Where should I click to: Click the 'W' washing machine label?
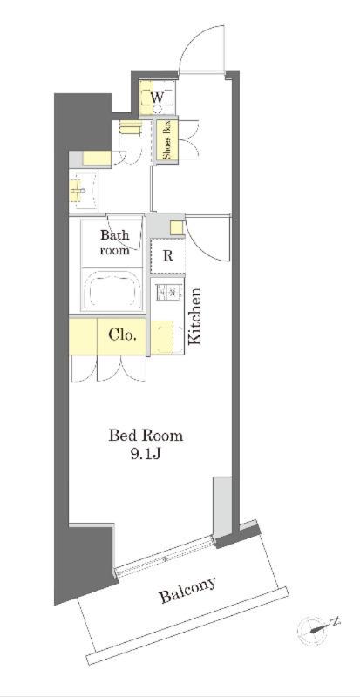coord(157,98)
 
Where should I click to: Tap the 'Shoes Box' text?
coord(167,140)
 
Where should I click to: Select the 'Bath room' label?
coord(114,242)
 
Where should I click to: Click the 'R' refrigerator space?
coord(167,256)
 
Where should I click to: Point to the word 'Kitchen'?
coord(195,316)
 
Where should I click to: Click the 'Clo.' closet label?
coord(122,335)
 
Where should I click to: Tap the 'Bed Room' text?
coord(146,435)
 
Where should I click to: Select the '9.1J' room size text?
coord(145,454)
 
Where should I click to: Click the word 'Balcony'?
coord(187,591)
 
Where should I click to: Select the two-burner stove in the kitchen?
coord(168,293)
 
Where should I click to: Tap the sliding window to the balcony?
coord(164,556)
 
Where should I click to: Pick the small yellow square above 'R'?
coord(177,228)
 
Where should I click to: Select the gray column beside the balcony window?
coord(222,508)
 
